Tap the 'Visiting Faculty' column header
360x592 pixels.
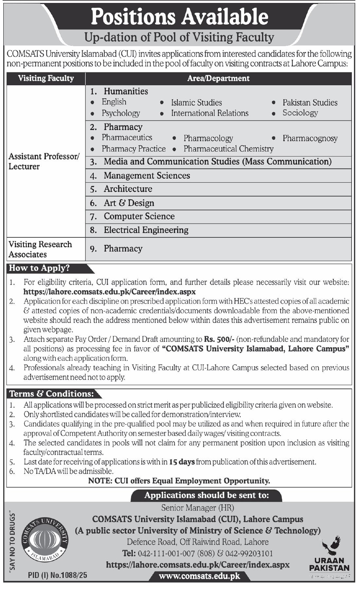click(46, 78)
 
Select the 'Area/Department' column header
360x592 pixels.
click(218, 78)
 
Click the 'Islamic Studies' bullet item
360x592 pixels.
click(196, 102)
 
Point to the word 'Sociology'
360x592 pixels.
click(300, 113)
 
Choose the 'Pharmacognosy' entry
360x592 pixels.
click(310, 138)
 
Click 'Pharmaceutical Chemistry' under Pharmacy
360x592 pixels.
click(228, 149)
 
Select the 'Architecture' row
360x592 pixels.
click(128, 189)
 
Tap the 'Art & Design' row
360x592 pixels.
click(129, 203)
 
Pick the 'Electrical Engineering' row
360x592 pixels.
click(146, 230)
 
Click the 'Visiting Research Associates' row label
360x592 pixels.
click(40, 249)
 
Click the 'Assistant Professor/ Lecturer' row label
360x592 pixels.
click(44, 161)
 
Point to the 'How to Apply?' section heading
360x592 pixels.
click(39, 268)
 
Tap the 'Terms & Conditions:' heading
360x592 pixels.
click(51, 394)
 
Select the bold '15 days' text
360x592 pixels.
click(182, 462)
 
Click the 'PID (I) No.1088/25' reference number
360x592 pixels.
click(58, 575)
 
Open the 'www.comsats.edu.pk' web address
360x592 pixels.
click(199, 576)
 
